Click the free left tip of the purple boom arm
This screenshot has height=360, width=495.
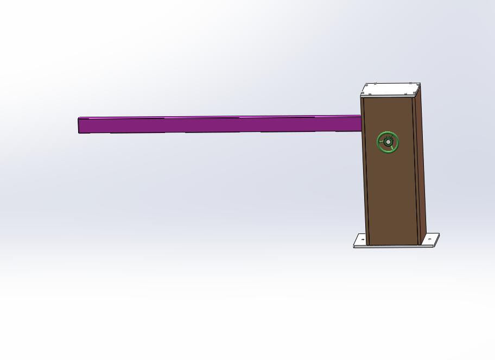coord(80,125)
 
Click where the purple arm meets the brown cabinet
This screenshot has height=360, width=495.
coord(361,123)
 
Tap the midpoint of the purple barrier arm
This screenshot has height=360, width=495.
coord(220,124)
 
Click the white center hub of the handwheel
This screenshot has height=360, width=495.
coord(388,142)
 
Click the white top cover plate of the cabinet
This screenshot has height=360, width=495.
coord(391,89)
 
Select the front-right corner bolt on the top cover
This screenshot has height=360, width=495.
coord(415,93)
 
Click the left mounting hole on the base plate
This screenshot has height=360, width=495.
coord(363,239)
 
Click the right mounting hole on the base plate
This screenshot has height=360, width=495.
coord(429,239)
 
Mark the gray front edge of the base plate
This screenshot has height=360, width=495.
coord(394,247)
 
